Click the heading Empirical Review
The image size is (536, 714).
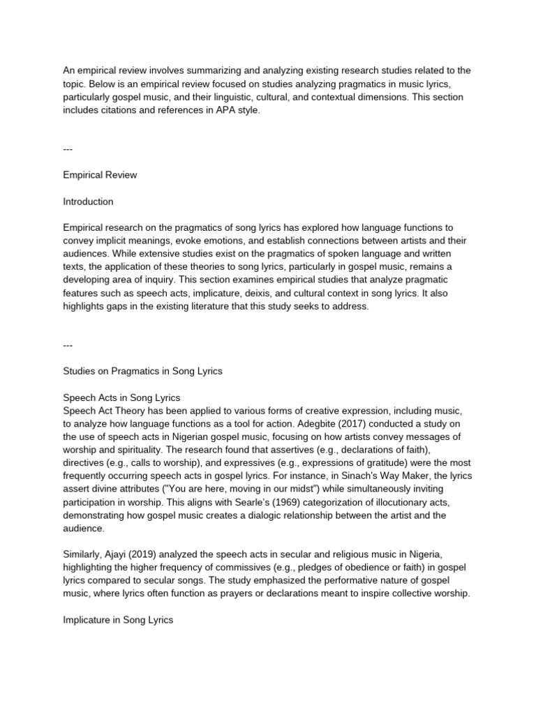(100, 175)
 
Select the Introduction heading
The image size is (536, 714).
(88, 202)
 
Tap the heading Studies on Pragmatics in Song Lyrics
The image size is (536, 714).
(142, 371)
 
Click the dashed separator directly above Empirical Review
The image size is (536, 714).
(68, 149)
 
